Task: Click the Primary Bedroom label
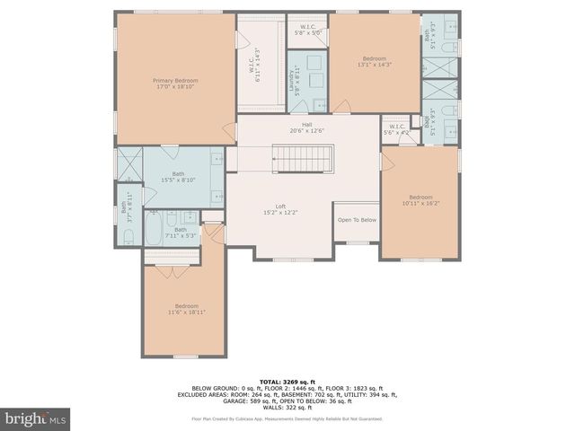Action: click(175, 84)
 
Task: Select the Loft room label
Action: click(280, 209)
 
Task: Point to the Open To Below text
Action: click(357, 220)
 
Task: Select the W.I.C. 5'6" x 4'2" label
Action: click(396, 129)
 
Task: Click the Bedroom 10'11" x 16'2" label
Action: click(420, 201)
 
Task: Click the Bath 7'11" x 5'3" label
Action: click(181, 233)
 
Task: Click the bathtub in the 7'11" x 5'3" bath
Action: click(153, 230)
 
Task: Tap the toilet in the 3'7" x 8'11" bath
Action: click(128, 237)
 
